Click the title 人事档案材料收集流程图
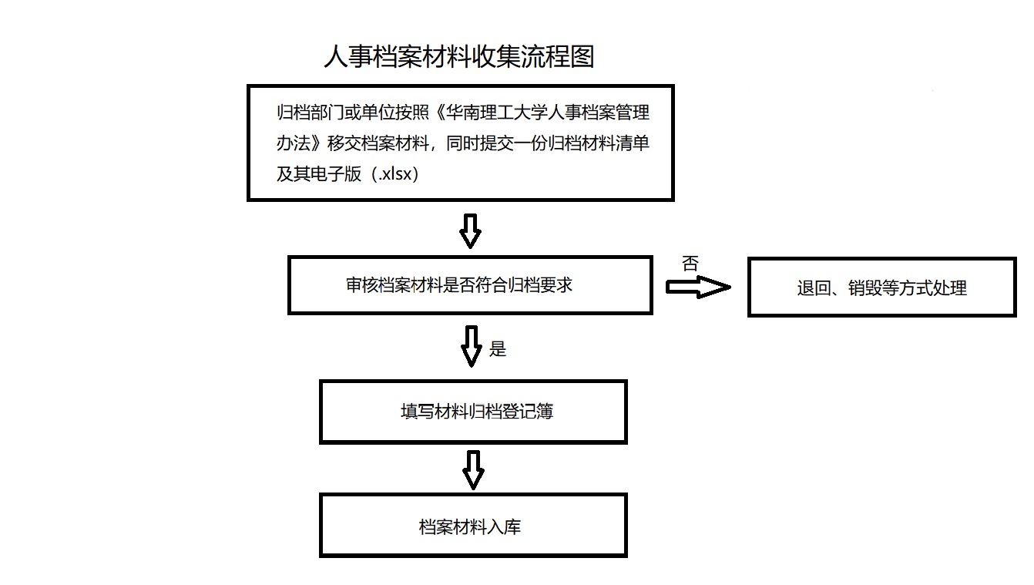(x=459, y=57)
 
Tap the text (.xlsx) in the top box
(x=395, y=174)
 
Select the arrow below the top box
(x=470, y=231)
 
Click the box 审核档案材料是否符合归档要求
(x=470, y=285)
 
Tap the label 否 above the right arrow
(x=690, y=264)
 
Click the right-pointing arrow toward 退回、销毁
(x=698, y=287)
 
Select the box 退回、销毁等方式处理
(x=881, y=287)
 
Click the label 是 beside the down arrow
(x=498, y=348)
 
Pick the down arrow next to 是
(x=472, y=346)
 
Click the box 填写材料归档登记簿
(x=473, y=412)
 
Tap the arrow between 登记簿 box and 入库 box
(x=473, y=469)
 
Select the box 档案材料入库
(x=473, y=526)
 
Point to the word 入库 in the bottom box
(x=504, y=527)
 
